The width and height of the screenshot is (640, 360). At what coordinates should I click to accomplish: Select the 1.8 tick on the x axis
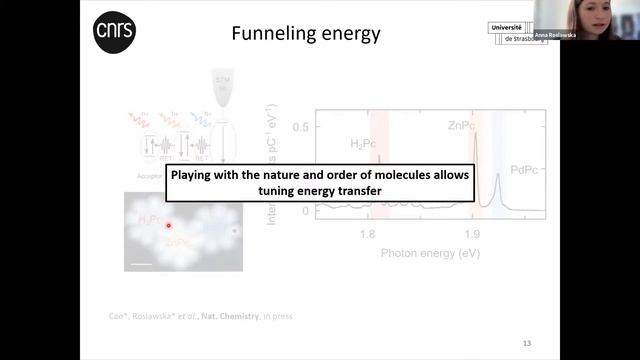pos(367,235)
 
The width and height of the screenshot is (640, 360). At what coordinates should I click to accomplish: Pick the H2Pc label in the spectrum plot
pos(370,144)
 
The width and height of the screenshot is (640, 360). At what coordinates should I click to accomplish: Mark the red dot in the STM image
pos(168,226)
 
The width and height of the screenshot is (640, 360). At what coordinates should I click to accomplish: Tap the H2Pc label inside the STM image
pos(150,219)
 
